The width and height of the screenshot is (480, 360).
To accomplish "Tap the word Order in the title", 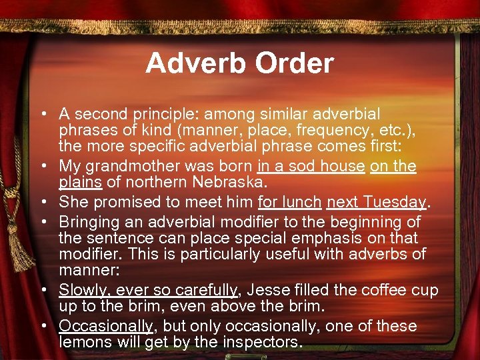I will point(294,63).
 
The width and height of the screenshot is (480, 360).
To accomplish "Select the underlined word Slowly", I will point(81,290).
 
